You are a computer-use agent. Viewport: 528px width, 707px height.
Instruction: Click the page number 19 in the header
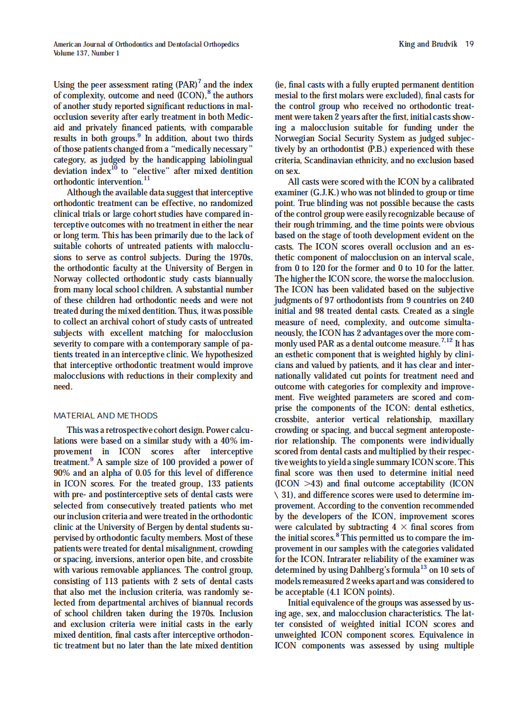point(469,44)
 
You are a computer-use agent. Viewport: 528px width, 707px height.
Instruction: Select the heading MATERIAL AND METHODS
point(106,416)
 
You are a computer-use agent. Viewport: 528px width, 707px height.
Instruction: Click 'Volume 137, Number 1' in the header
point(86,53)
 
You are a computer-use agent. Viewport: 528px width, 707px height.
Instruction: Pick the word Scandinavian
point(326,160)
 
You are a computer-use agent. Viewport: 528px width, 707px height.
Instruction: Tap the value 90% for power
point(63,474)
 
